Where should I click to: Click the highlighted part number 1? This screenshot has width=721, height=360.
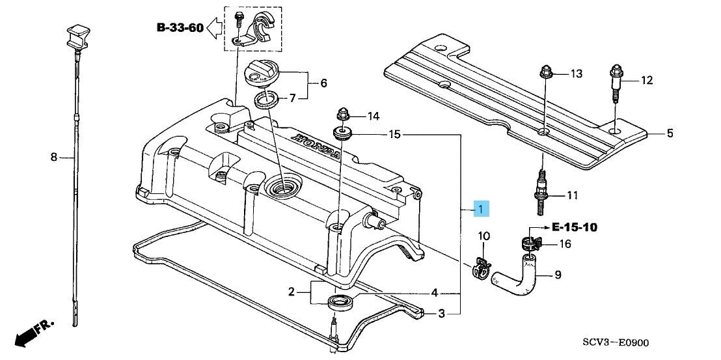481,209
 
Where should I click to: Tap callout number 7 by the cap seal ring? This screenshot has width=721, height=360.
292,98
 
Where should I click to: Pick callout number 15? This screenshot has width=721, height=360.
394,134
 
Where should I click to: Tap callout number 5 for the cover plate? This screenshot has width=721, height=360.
670,133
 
